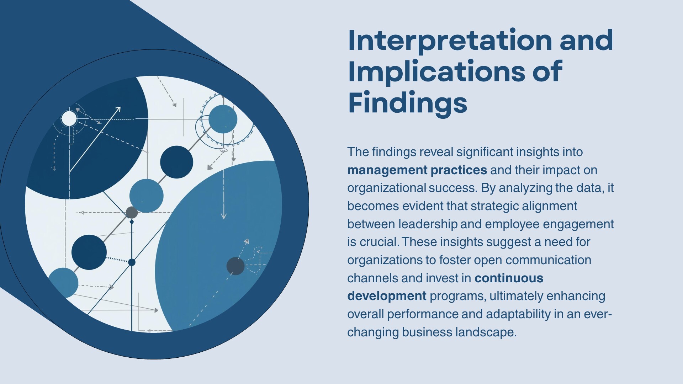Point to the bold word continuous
click(509, 278)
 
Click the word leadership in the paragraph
click(428, 224)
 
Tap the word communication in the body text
click(548, 260)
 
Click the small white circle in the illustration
click(69, 119)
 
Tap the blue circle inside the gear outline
click(223, 119)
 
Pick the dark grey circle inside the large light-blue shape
click(235, 266)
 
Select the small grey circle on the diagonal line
click(132, 213)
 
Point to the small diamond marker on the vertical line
click(132, 222)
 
